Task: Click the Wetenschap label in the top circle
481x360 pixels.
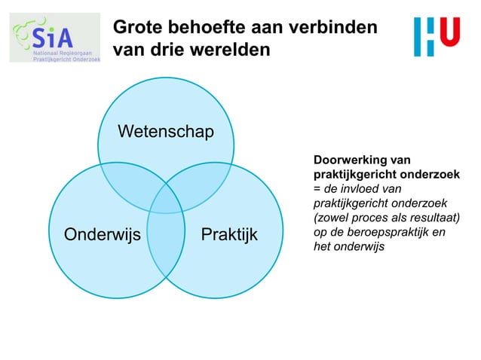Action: pos(165,133)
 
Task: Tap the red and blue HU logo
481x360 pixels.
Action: pos(437,36)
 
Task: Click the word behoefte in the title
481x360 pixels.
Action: pos(204,28)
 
